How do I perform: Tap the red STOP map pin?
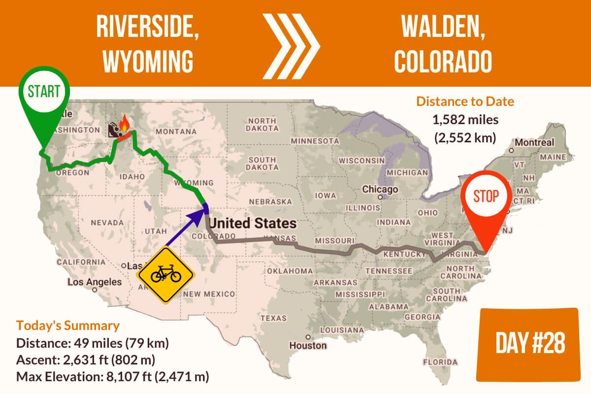[x=486, y=196]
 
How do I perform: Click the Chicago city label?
[x=380, y=190]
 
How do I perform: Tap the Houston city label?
[x=308, y=345]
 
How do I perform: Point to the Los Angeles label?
[x=94, y=283]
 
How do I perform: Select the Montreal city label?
[x=535, y=143]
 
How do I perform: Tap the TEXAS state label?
[x=273, y=318]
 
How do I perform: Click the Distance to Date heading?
[x=465, y=102]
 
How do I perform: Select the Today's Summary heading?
[x=67, y=326]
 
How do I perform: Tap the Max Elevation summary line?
[x=113, y=378]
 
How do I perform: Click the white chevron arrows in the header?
[x=291, y=46]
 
